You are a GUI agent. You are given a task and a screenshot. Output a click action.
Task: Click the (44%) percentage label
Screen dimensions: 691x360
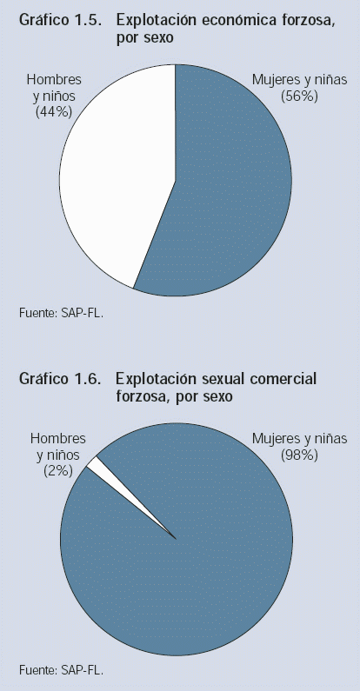coord(54,111)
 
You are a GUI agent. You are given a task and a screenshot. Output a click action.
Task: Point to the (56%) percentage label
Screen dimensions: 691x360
coord(300,96)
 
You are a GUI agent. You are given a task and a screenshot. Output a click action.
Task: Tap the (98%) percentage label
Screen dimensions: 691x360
coord(300,455)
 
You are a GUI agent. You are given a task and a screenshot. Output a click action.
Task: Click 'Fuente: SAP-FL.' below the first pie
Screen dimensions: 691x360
coord(61,313)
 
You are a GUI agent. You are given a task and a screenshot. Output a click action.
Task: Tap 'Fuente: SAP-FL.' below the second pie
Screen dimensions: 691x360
coord(61,671)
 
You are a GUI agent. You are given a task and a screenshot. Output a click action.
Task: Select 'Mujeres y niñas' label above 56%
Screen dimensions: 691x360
coord(300,80)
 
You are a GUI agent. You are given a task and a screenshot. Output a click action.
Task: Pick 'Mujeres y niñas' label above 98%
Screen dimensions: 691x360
coord(300,439)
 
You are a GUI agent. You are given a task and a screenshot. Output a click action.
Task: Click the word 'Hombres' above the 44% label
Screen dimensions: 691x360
coord(54,80)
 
